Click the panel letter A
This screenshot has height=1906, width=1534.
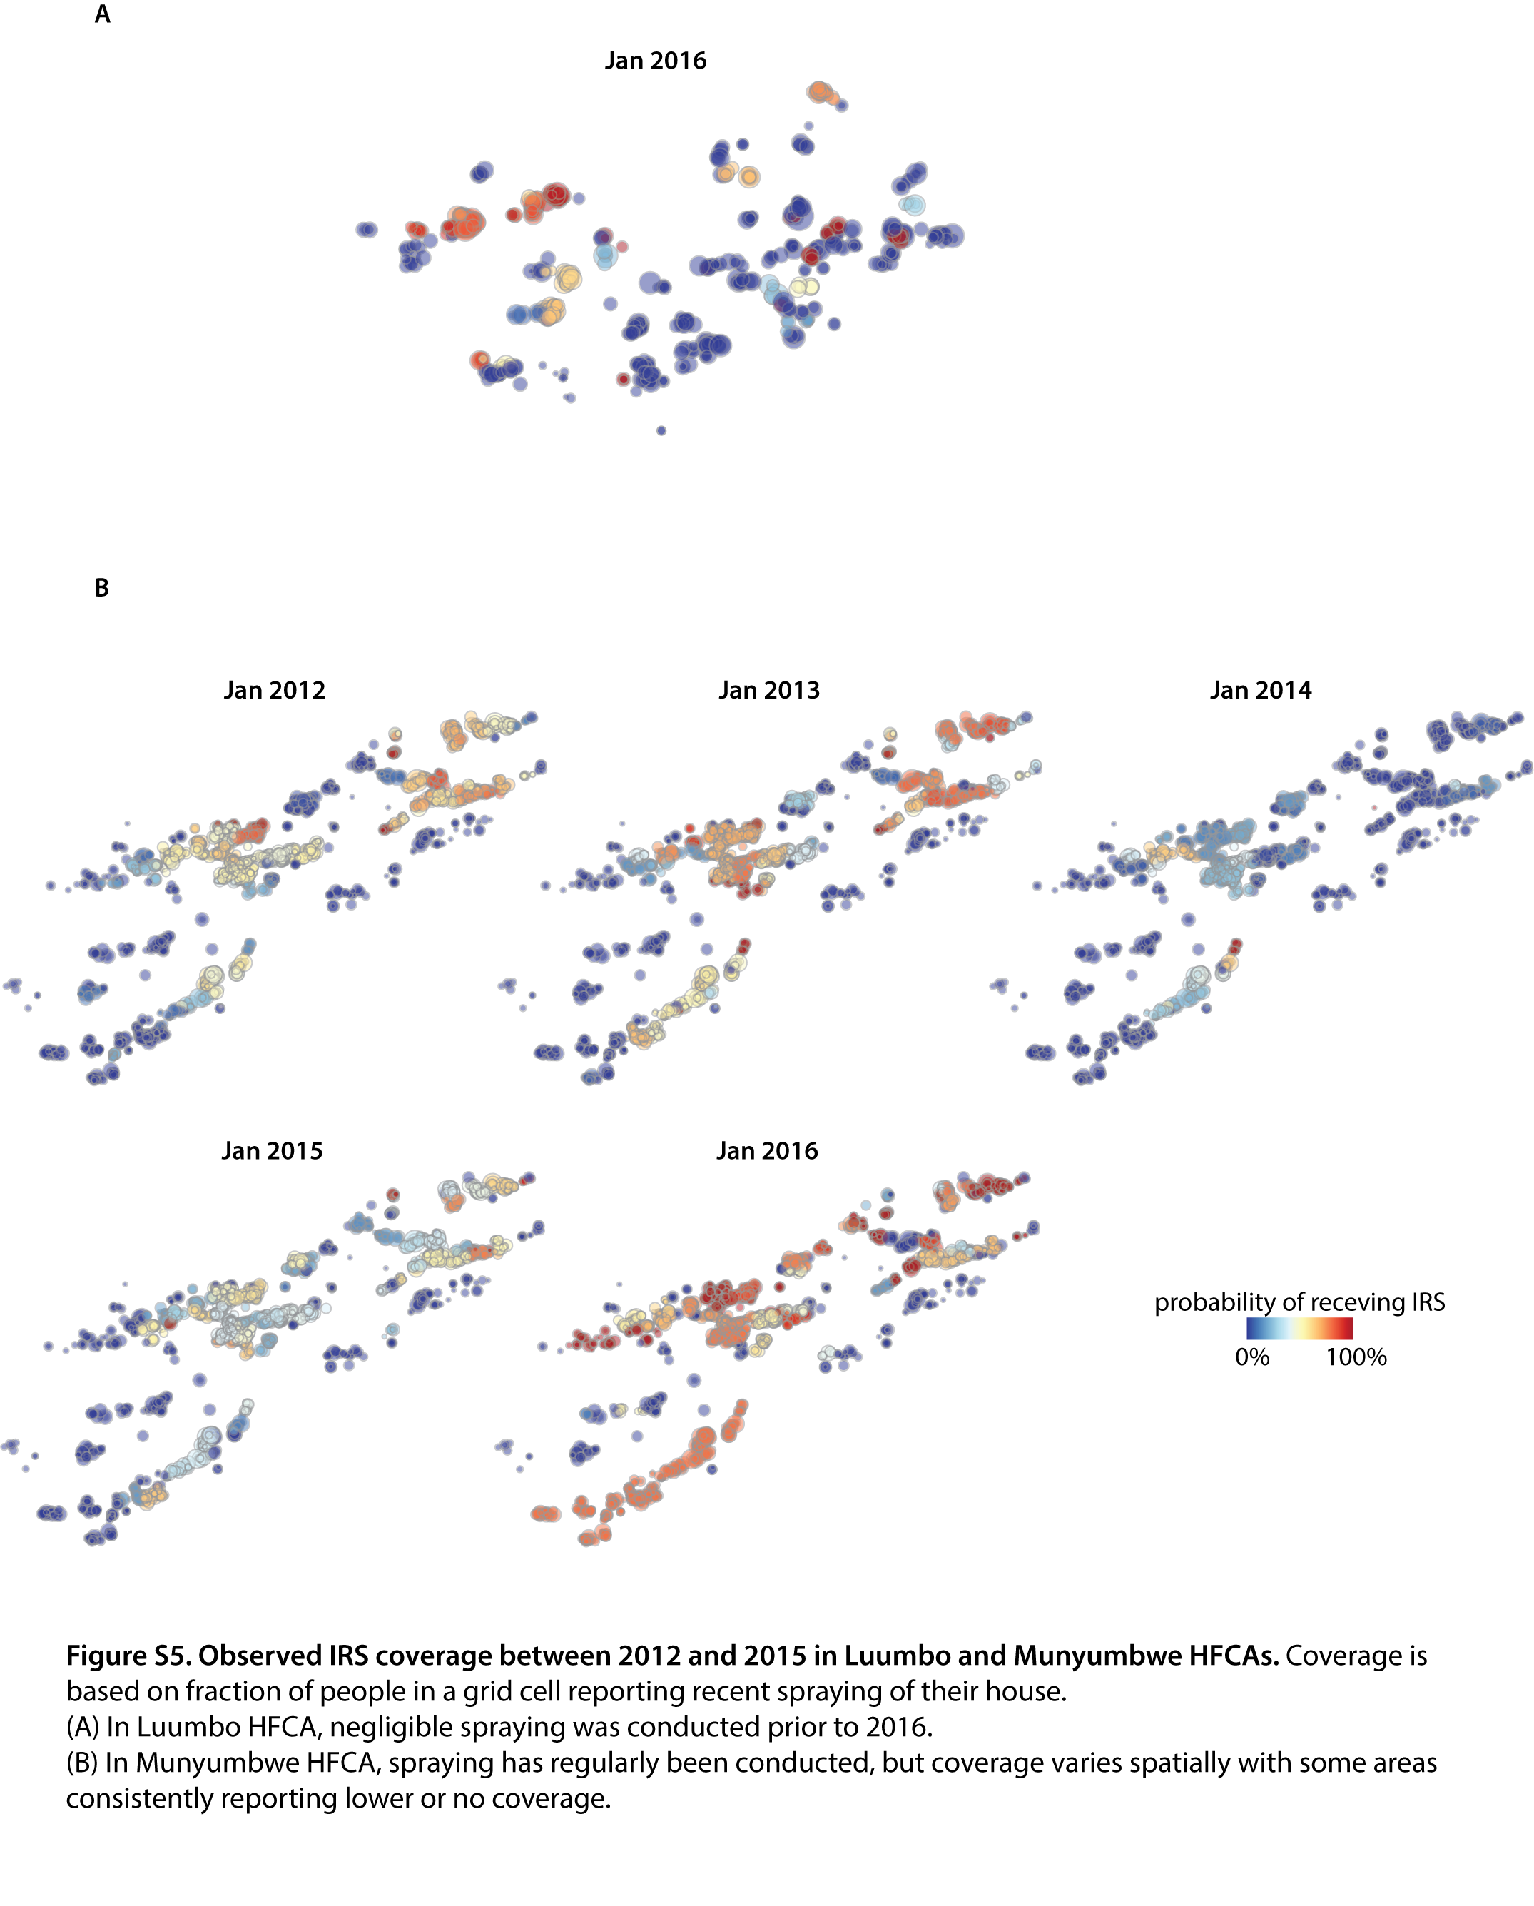103,15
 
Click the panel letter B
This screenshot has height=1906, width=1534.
102,588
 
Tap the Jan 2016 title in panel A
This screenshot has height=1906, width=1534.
655,60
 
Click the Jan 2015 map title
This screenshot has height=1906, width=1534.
273,1150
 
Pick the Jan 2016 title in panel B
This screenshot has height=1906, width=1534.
766,1150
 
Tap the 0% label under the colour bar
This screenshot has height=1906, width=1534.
1252,1357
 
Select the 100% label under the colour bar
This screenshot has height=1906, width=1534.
1356,1357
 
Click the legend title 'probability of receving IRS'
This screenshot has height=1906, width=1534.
1300,1302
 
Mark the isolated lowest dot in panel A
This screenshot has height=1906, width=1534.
661,430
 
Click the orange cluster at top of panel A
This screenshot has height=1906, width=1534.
821,91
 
